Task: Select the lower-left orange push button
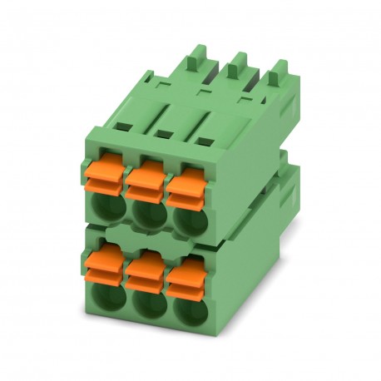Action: tap(105, 261)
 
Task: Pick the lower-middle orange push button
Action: tap(145, 266)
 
